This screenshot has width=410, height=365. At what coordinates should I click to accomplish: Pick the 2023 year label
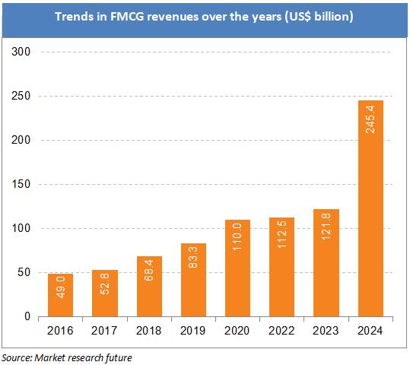pyautogui.click(x=325, y=332)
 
